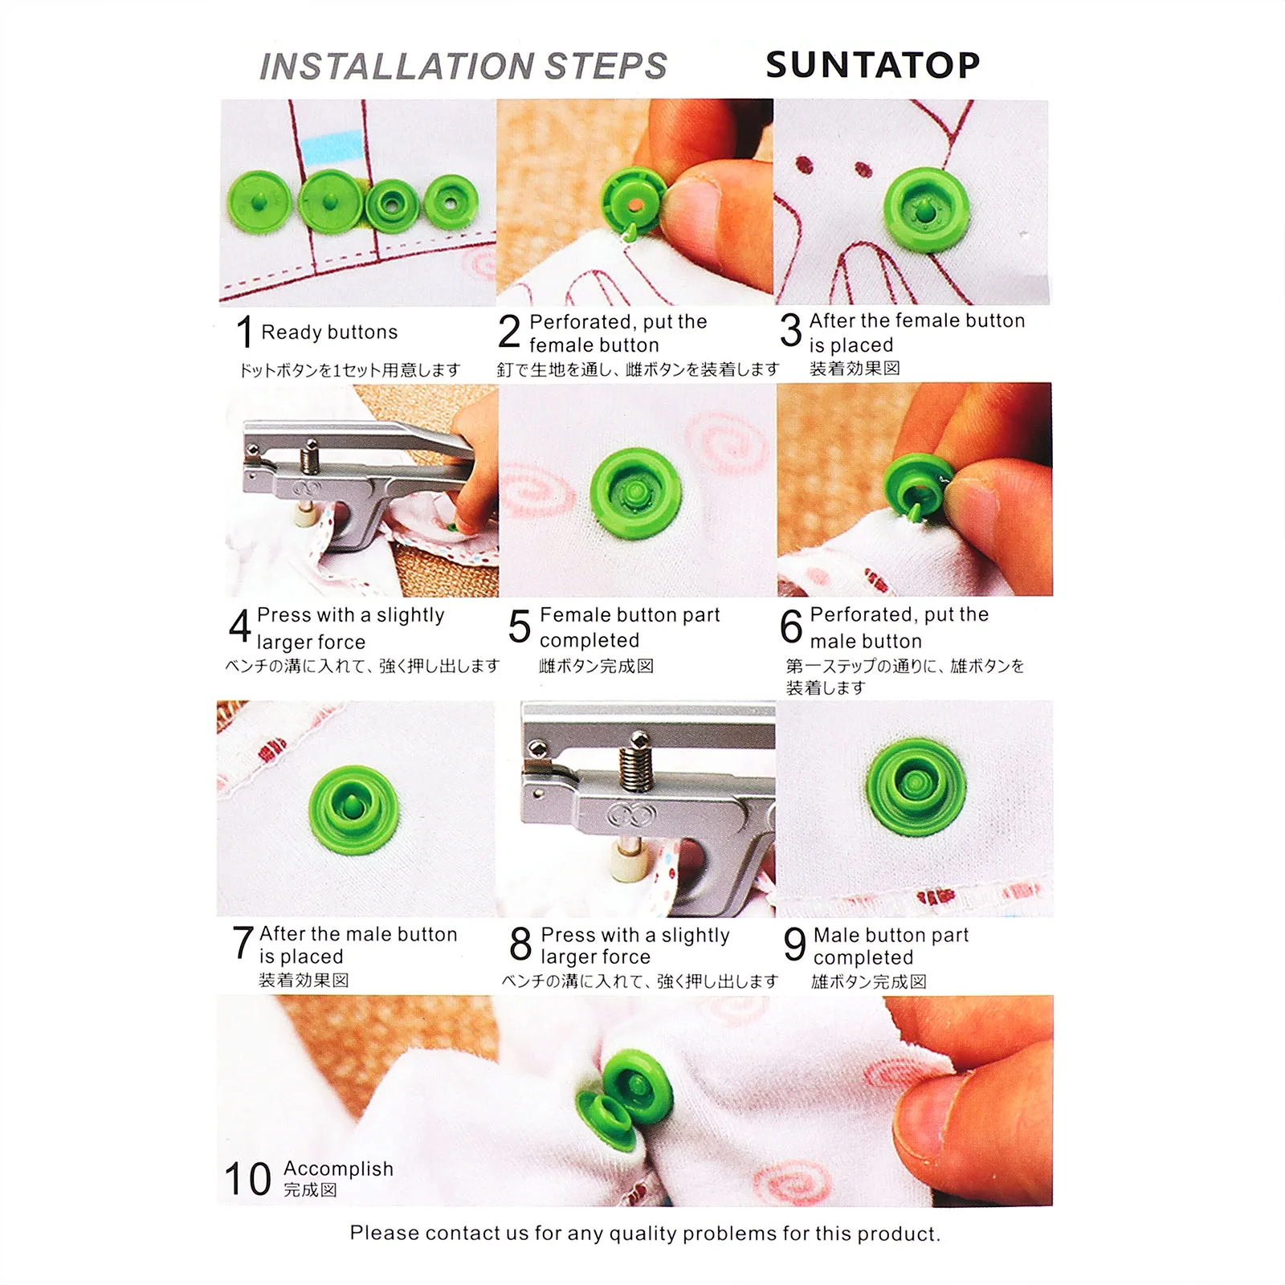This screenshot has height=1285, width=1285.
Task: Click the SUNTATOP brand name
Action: click(873, 65)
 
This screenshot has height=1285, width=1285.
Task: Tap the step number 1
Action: click(245, 332)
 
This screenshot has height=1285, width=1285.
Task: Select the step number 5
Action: click(520, 626)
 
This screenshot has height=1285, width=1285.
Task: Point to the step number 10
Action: click(247, 1179)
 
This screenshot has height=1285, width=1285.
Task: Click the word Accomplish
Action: click(338, 1169)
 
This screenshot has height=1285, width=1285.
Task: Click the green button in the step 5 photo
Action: click(635, 493)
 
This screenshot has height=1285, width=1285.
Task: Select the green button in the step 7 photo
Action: click(354, 809)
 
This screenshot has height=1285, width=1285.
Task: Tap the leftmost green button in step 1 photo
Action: click(260, 202)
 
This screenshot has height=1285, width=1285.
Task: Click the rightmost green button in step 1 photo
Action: click(451, 202)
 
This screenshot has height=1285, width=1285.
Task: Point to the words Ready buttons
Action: click(329, 332)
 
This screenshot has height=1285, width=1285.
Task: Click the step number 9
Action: click(794, 944)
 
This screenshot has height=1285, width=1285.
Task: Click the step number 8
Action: click(520, 944)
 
